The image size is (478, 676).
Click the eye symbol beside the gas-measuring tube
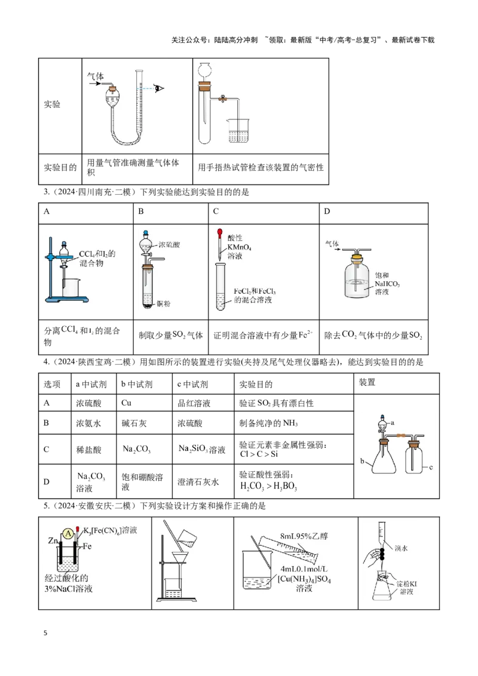pyautogui.click(x=159, y=88)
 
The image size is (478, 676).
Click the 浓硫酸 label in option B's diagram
pyautogui.click(x=169, y=245)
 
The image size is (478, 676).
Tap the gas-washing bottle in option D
pyautogui.click(x=357, y=276)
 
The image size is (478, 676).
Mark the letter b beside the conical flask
pyautogui.click(x=362, y=461)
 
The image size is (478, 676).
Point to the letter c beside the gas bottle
pyautogui.click(x=431, y=468)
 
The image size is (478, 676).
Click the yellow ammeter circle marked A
pyautogui.click(x=68, y=534)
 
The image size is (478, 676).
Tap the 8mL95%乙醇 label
pyautogui.click(x=304, y=536)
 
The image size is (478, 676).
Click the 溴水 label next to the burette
pyautogui.click(x=401, y=548)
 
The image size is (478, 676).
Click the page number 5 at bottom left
pyautogui.click(x=45, y=633)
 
